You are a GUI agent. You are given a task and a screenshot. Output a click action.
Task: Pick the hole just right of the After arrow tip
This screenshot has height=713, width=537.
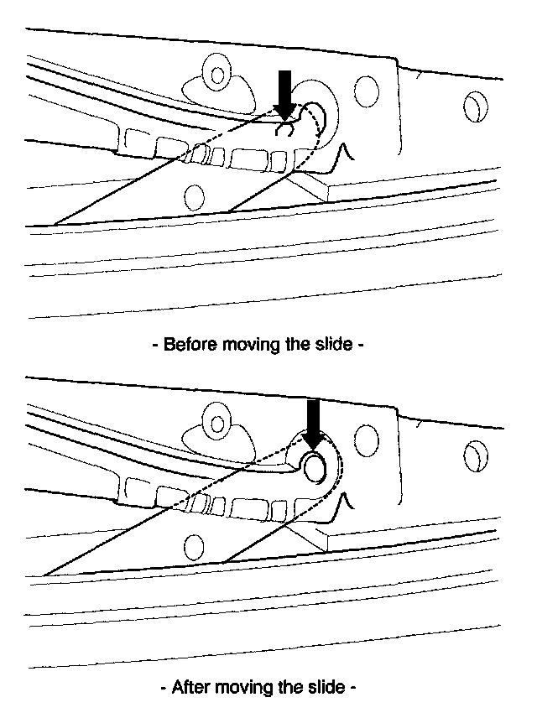366,439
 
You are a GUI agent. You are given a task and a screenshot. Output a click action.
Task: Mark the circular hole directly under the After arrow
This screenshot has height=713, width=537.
315,467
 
